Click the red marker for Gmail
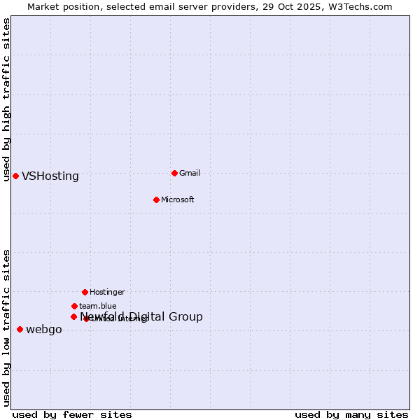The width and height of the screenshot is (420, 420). tap(174, 173)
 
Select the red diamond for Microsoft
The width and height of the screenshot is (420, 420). tap(156, 199)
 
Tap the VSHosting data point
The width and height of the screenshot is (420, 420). tap(15, 176)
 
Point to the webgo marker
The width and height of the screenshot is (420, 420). tap(20, 329)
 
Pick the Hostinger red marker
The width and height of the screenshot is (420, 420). tap(85, 292)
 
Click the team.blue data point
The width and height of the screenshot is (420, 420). tap(74, 306)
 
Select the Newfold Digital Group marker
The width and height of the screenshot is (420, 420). tap(73, 316)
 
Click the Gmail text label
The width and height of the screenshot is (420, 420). tap(190, 173)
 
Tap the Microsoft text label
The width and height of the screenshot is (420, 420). tap(178, 199)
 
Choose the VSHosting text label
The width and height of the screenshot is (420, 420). tap(50, 176)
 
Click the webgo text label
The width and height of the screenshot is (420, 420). tap(44, 330)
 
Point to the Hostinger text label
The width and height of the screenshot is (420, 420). tap(107, 292)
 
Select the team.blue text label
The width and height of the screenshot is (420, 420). tap(98, 306)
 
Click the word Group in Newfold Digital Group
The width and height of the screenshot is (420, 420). tap(185, 317)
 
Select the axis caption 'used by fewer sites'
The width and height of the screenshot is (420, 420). tap(72, 414)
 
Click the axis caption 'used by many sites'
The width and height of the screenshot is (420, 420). tap(351, 414)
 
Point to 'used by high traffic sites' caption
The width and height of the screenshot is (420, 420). tap(6, 99)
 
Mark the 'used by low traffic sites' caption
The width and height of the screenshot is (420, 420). tap(6, 328)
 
